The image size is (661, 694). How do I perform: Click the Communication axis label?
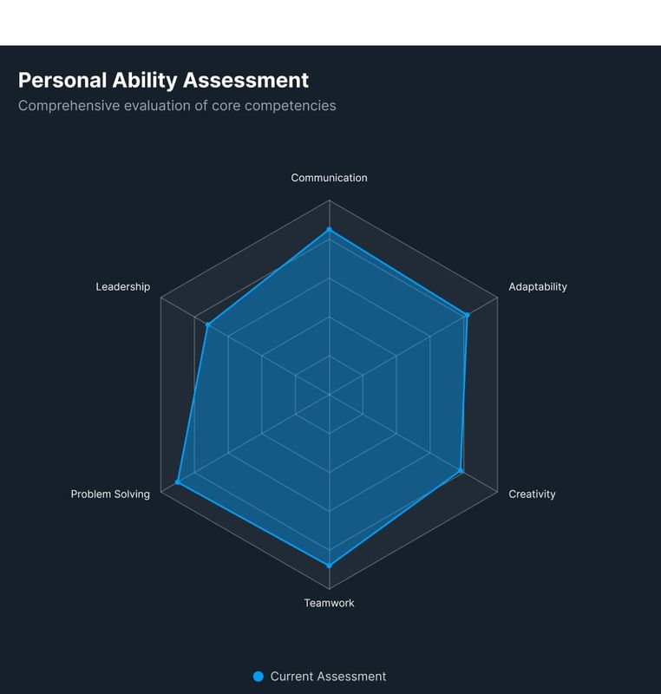(329, 178)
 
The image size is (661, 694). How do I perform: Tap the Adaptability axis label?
(538, 286)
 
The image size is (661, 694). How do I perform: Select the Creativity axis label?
(532, 494)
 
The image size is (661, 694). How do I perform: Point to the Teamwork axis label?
(329, 603)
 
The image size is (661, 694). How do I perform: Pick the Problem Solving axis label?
(110, 494)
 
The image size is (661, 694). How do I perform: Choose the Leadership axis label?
(122, 286)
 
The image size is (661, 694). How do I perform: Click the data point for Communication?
(329, 230)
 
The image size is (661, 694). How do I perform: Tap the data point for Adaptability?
(467, 315)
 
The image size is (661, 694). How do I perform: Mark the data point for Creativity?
(461, 471)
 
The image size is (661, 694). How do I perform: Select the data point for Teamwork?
(329, 566)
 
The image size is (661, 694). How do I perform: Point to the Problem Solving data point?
(178, 481)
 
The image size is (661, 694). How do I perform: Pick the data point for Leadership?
(208, 325)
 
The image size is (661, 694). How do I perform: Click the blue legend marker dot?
(258, 677)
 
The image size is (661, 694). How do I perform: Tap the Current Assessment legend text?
(328, 677)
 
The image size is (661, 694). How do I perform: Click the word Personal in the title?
(62, 81)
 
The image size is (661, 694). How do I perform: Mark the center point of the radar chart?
(329, 395)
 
